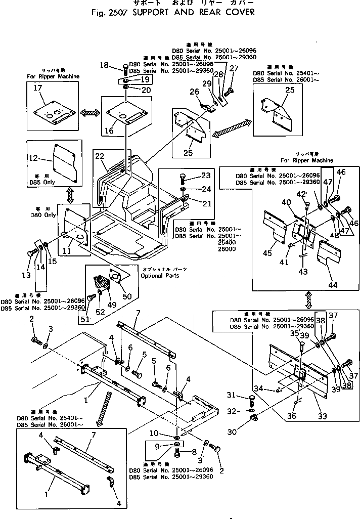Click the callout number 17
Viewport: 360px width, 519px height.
coord(37,88)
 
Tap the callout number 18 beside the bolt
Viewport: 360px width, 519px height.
coord(104,65)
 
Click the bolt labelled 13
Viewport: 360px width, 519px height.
coord(31,252)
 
